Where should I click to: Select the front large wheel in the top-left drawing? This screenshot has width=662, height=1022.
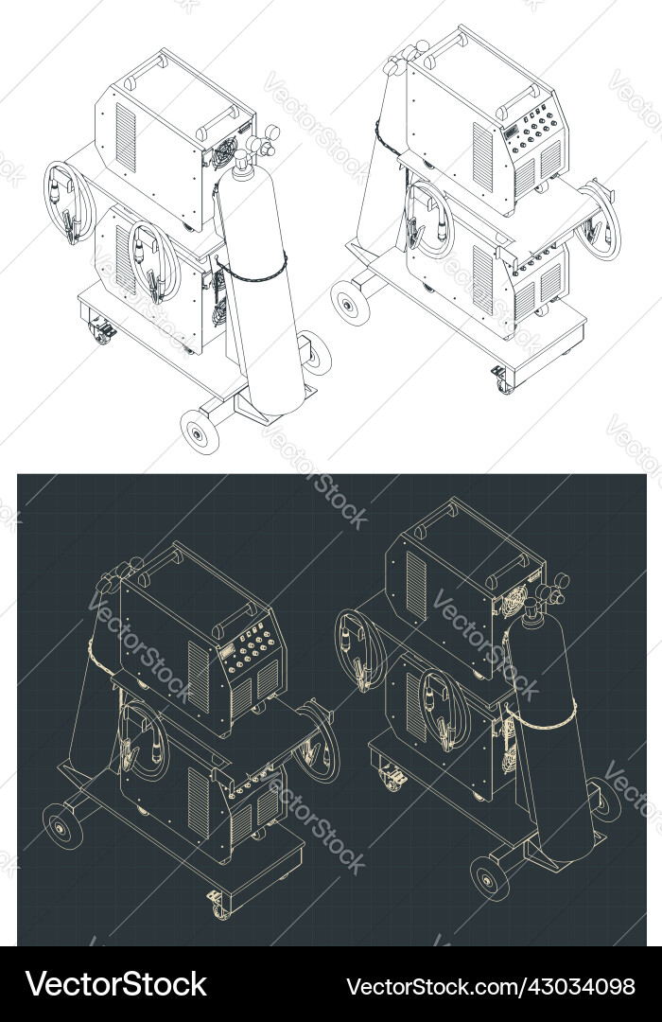pos(200,432)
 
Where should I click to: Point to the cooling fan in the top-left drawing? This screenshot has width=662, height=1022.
pos(225,152)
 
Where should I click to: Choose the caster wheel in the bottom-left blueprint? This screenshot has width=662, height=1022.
pos(218,906)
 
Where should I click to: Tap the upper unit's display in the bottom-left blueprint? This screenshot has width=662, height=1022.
pos(224,653)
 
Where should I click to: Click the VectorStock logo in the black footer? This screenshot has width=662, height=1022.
pos(116,985)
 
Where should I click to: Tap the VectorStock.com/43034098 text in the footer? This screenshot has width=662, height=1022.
pos(491,986)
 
